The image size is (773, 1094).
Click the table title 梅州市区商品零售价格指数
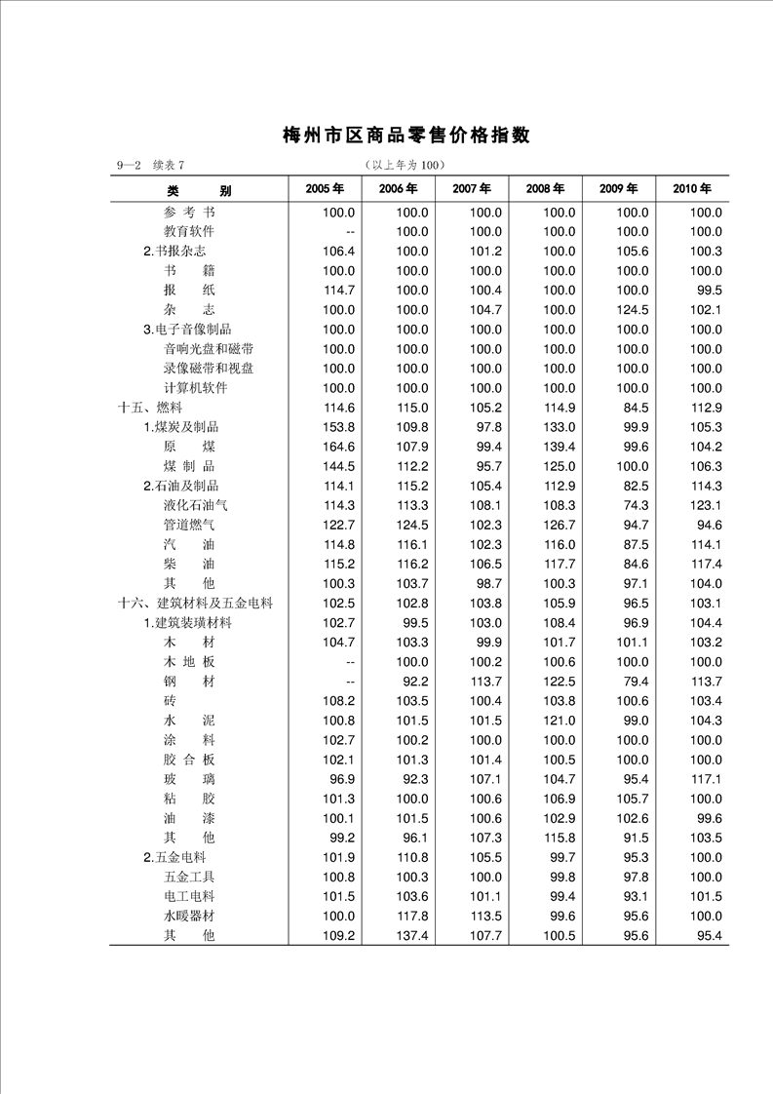click(406, 136)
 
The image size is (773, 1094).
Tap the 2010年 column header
click(692, 189)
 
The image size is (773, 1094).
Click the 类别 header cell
click(199, 190)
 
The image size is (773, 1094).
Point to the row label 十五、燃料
click(150, 408)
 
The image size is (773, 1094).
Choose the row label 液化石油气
click(196, 505)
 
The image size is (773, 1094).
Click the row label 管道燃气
click(189, 525)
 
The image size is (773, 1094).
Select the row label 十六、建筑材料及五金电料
click(196, 604)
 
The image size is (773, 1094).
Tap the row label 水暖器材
click(189, 916)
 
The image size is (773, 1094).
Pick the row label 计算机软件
click(196, 388)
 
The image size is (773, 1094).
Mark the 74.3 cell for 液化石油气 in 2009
click(635, 505)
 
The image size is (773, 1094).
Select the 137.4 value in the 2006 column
click(412, 935)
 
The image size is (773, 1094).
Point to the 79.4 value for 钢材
click(635, 682)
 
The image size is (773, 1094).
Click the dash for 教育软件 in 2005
click(349, 231)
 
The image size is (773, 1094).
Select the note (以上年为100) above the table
click(404, 165)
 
